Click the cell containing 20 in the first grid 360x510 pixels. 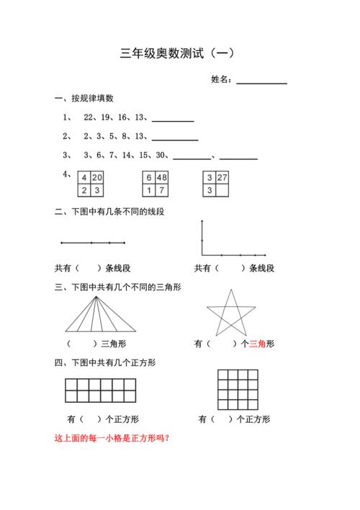pos(97,178)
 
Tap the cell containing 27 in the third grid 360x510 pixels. pos(222,178)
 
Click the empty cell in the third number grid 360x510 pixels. pos(222,191)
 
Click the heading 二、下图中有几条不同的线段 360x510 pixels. pos(110,212)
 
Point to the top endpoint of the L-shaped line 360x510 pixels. pos(202,221)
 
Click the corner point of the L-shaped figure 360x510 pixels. pos(202,255)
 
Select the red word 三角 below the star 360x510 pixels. pos(257,344)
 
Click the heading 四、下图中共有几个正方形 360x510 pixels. pos(105,362)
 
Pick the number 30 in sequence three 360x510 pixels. pos(161,155)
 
